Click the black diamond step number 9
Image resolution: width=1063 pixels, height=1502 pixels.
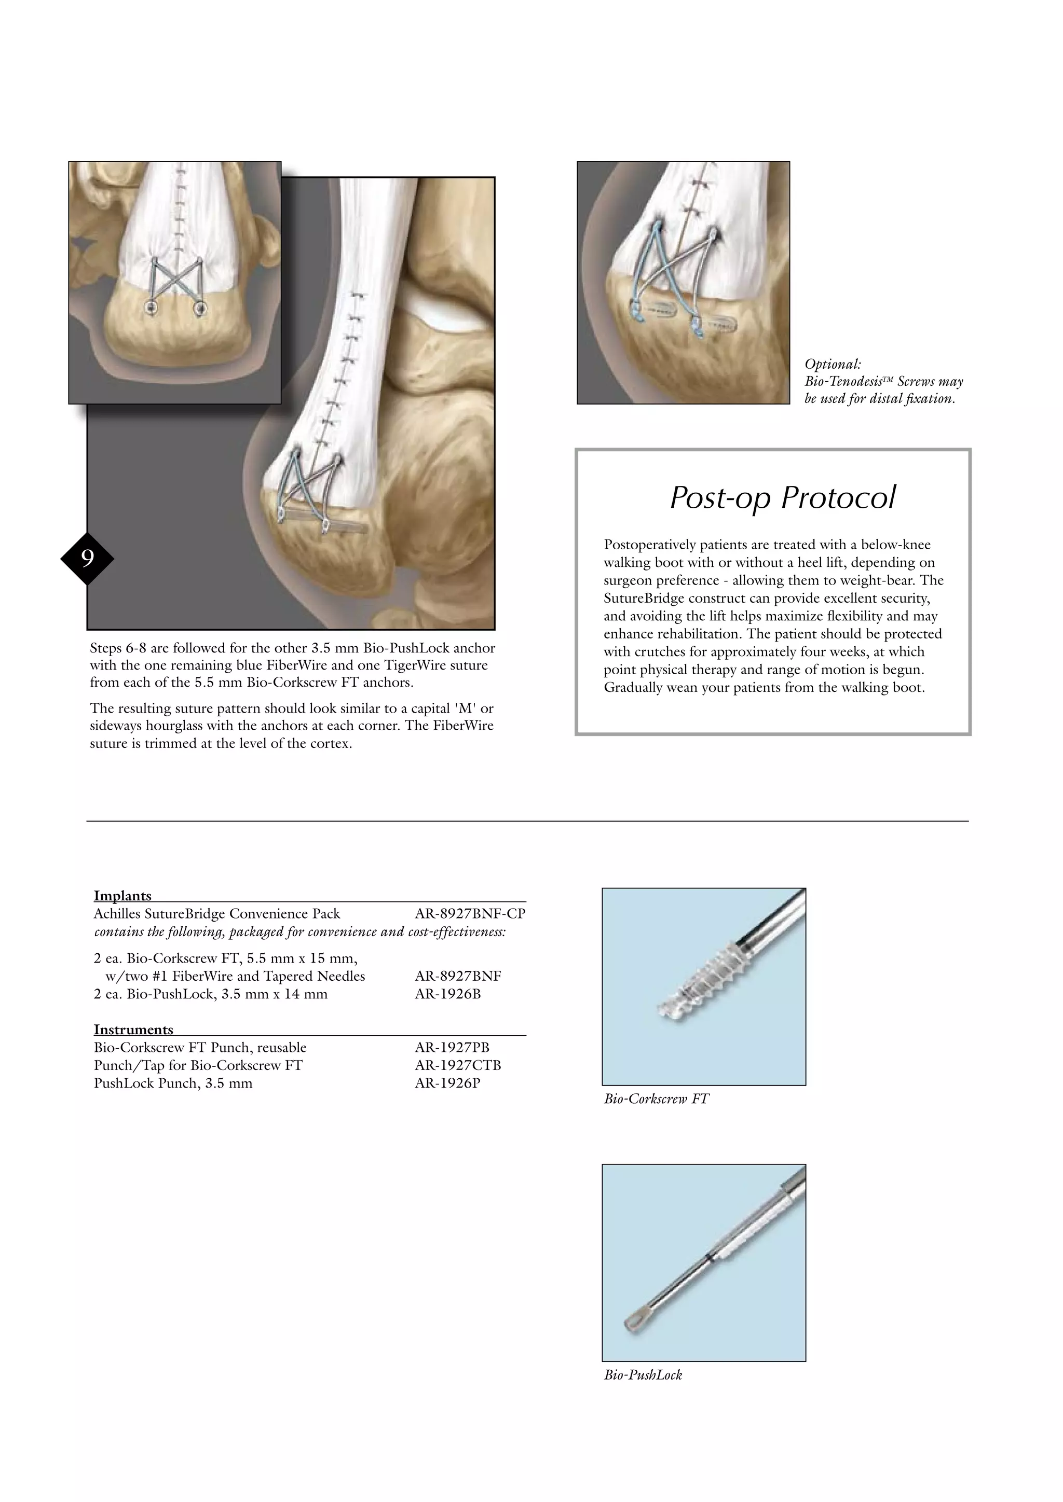click(x=87, y=558)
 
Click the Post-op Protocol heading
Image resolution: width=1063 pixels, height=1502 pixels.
click(x=782, y=497)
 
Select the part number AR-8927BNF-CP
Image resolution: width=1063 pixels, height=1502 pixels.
click(x=470, y=914)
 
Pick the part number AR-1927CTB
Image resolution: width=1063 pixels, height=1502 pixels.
click(x=457, y=1065)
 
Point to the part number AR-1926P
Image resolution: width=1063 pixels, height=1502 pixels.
click(x=447, y=1082)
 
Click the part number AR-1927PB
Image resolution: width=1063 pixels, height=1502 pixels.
click(x=452, y=1047)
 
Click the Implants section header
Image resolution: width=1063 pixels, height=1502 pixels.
click(x=122, y=896)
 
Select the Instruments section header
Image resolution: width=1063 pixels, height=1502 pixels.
click(x=133, y=1030)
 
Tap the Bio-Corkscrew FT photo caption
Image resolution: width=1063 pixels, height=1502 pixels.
click(x=656, y=1099)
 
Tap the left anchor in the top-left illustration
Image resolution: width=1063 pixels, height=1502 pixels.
click(x=151, y=308)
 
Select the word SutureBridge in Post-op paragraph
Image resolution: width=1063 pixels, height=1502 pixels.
click(x=642, y=598)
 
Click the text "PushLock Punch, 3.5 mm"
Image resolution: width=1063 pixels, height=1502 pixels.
click(x=173, y=1082)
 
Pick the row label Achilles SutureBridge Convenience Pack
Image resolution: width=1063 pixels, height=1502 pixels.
click(x=216, y=914)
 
